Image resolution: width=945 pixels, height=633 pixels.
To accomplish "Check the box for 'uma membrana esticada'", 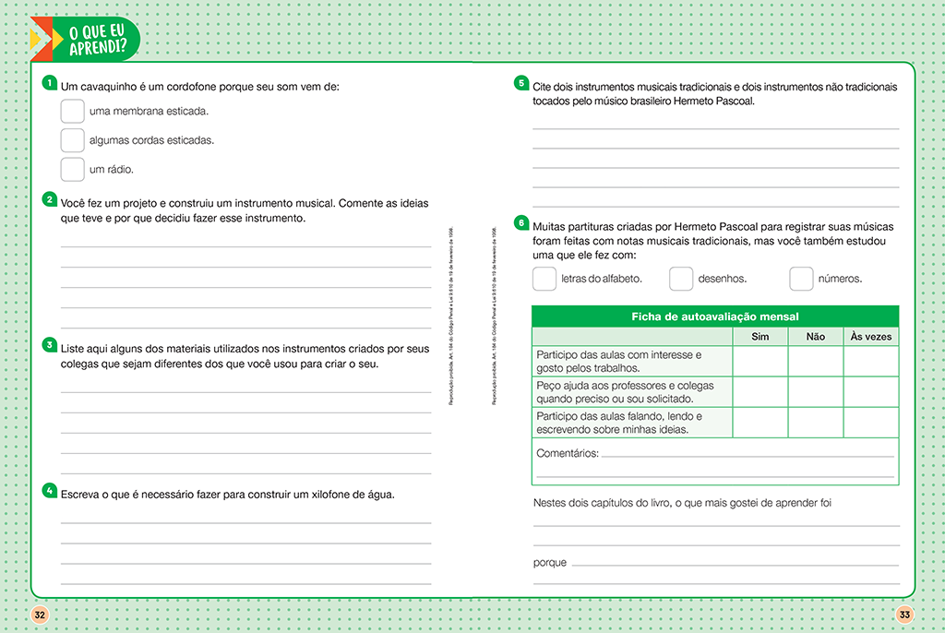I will tap(72, 112).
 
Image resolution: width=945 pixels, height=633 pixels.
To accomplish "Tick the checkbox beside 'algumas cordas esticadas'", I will tap(72, 140).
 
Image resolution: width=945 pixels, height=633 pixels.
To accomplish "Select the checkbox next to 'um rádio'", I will tap(72, 170).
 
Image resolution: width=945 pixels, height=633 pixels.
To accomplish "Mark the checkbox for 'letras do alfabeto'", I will tap(544, 279).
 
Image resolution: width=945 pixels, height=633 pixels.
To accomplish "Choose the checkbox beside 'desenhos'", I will tap(681, 279).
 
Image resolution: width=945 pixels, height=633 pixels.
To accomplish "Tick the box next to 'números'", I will tap(801, 279).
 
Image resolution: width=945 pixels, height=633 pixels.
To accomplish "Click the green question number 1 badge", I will tap(50, 84).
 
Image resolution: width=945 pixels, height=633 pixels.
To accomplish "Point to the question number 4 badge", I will tap(50, 491).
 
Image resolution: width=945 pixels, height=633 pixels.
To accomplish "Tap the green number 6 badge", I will tap(521, 222).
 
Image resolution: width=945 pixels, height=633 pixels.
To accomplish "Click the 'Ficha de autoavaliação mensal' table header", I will tap(714, 316).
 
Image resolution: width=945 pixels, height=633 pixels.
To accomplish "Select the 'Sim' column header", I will tap(760, 337).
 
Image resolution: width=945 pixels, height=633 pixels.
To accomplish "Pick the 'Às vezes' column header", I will tap(870, 337).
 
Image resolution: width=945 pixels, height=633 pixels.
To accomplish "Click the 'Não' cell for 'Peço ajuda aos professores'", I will tap(815, 392).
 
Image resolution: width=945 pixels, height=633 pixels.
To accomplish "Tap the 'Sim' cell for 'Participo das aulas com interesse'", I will tap(760, 362).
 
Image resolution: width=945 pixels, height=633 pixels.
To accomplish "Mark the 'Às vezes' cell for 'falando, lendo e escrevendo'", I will tap(870, 423).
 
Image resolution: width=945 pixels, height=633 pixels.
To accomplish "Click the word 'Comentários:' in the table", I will tap(567, 453).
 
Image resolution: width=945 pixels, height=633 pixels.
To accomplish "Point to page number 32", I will tap(40, 615).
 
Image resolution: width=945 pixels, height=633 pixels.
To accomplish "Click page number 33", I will tap(904, 615).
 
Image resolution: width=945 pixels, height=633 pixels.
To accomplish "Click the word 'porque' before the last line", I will tap(550, 562).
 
